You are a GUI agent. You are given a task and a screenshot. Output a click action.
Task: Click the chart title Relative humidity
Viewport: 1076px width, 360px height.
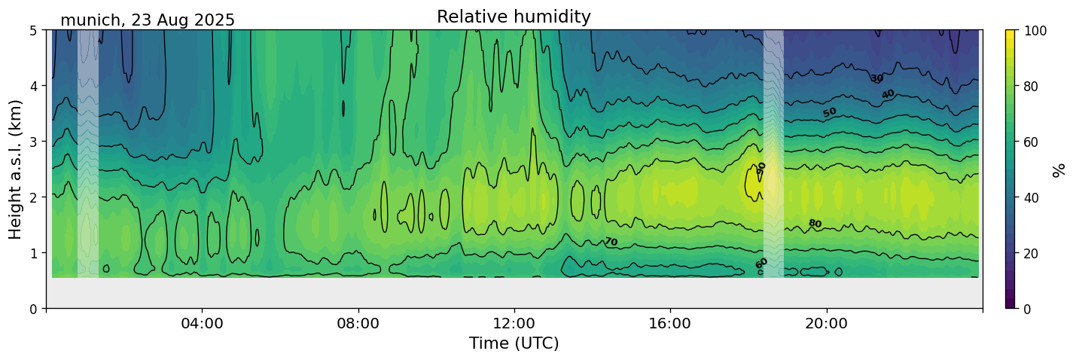click(x=514, y=17)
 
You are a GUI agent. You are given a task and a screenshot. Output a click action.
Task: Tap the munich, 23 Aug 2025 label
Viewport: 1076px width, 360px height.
click(x=148, y=20)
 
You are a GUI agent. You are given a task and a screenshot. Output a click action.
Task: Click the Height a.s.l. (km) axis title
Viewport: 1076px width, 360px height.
click(x=16, y=169)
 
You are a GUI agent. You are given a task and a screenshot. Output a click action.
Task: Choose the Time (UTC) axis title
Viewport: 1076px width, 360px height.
click(x=514, y=343)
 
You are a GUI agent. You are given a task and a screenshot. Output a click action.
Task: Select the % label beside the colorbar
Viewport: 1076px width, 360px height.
click(x=1059, y=169)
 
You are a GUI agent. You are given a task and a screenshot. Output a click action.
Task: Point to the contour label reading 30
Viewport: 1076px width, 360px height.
click(x=876, y=78)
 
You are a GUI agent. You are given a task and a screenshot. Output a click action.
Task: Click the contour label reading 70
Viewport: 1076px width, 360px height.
click(x=611, y=242)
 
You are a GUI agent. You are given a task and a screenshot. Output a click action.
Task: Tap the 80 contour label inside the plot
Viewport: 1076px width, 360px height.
click(x=815, y=224)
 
